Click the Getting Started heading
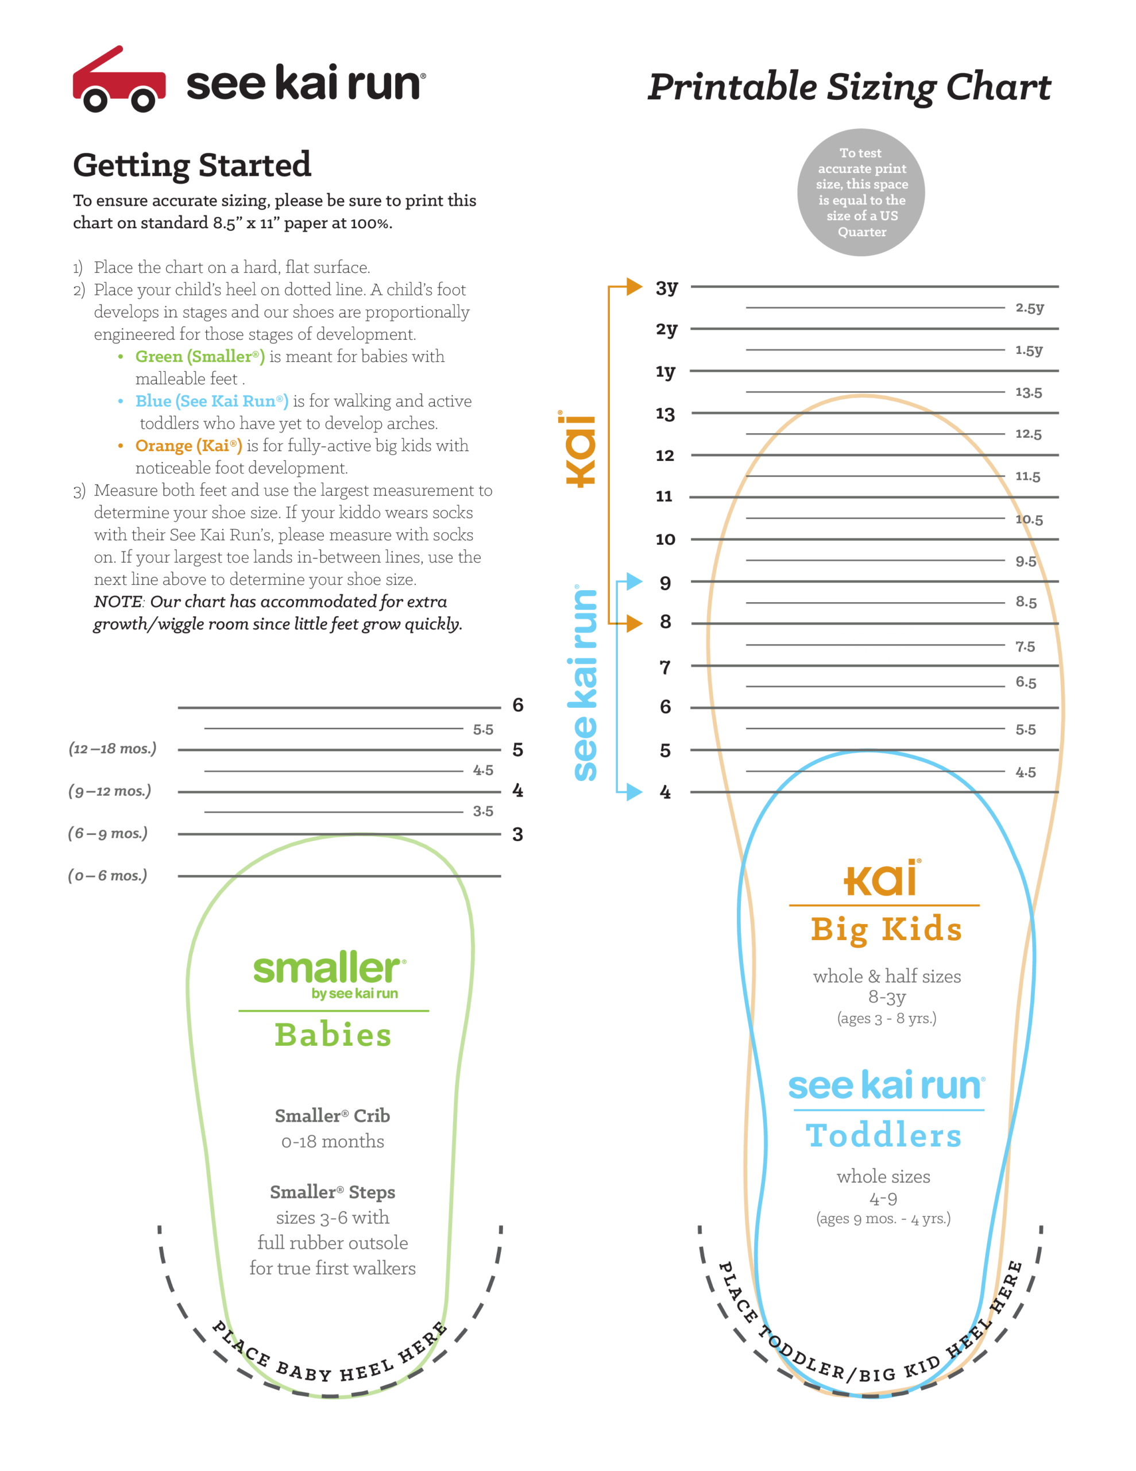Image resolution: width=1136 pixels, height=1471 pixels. coord(192,165)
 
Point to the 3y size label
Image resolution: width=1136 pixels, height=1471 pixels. coord(667,288)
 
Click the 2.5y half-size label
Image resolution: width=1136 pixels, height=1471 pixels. coord(1030,308)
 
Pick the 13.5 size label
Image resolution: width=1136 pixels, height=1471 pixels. coord(1028,392)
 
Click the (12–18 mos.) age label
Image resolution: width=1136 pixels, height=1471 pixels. coord(113,748)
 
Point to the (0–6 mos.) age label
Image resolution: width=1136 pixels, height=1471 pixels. coord(108,876)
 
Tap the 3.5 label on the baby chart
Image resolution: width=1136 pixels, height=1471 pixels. coord(483,811)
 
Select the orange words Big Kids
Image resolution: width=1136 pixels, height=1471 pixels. coord(886,930)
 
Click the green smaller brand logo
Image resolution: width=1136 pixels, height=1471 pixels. coord(329,970)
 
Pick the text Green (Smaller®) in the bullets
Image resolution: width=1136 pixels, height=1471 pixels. coord(200,356)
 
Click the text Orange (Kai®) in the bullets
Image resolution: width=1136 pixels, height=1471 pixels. coord(188,445)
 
